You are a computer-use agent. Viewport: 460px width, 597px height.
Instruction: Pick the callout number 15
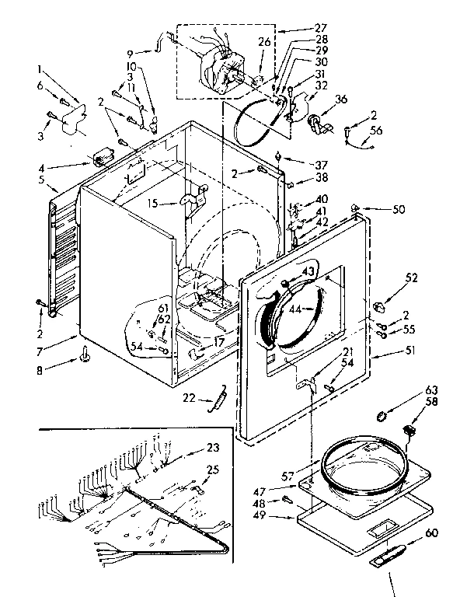pos(153,203)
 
